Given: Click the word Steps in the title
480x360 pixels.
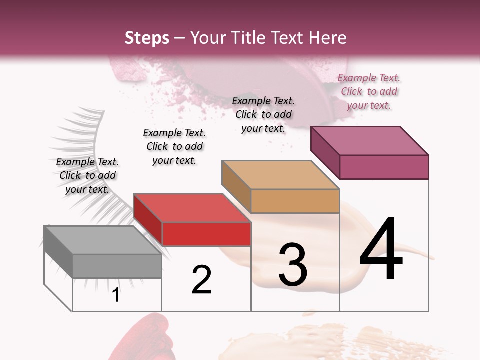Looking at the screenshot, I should pyautogui.click(x=147, y=38).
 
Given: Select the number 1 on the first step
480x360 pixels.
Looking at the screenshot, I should pyautogui.click(x=116, y=295).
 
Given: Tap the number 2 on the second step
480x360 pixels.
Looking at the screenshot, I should pyautogui.click(x=201, y=280).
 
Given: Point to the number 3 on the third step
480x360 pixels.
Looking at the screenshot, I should pyautogui.click(x=292, y=265).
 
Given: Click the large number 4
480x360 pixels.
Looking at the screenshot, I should pyautogui.click(x=381, y=250).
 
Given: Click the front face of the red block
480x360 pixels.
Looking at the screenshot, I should pyautogui.click(x=206, y=234).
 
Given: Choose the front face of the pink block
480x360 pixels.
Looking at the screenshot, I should pyautogui.click(x=384, y=167).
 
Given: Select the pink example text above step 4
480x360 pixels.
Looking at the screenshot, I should pyautogui.click(x=369, y=92).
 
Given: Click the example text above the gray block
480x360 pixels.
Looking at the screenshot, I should pyautogui.click(x=87, y=175).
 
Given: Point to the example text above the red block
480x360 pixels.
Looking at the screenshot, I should pyautogui.click(x=174, y=146).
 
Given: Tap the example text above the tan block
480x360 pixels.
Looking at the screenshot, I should pyautogui.click(x=263, y=114).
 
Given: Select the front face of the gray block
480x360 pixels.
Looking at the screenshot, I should pyautogui.click(x=117, y=266).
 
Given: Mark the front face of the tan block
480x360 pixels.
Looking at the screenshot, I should pyautogui.click(x=295, y=201).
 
